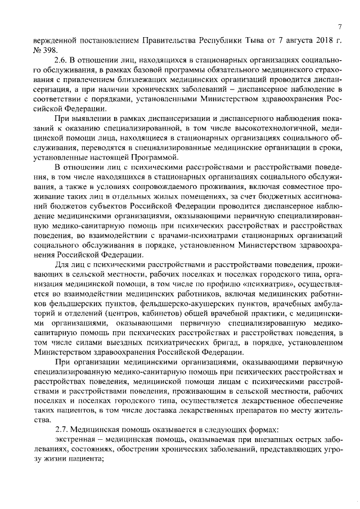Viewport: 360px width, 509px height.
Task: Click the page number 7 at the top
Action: (341, 27)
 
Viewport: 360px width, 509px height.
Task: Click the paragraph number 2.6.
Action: (60, 60)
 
